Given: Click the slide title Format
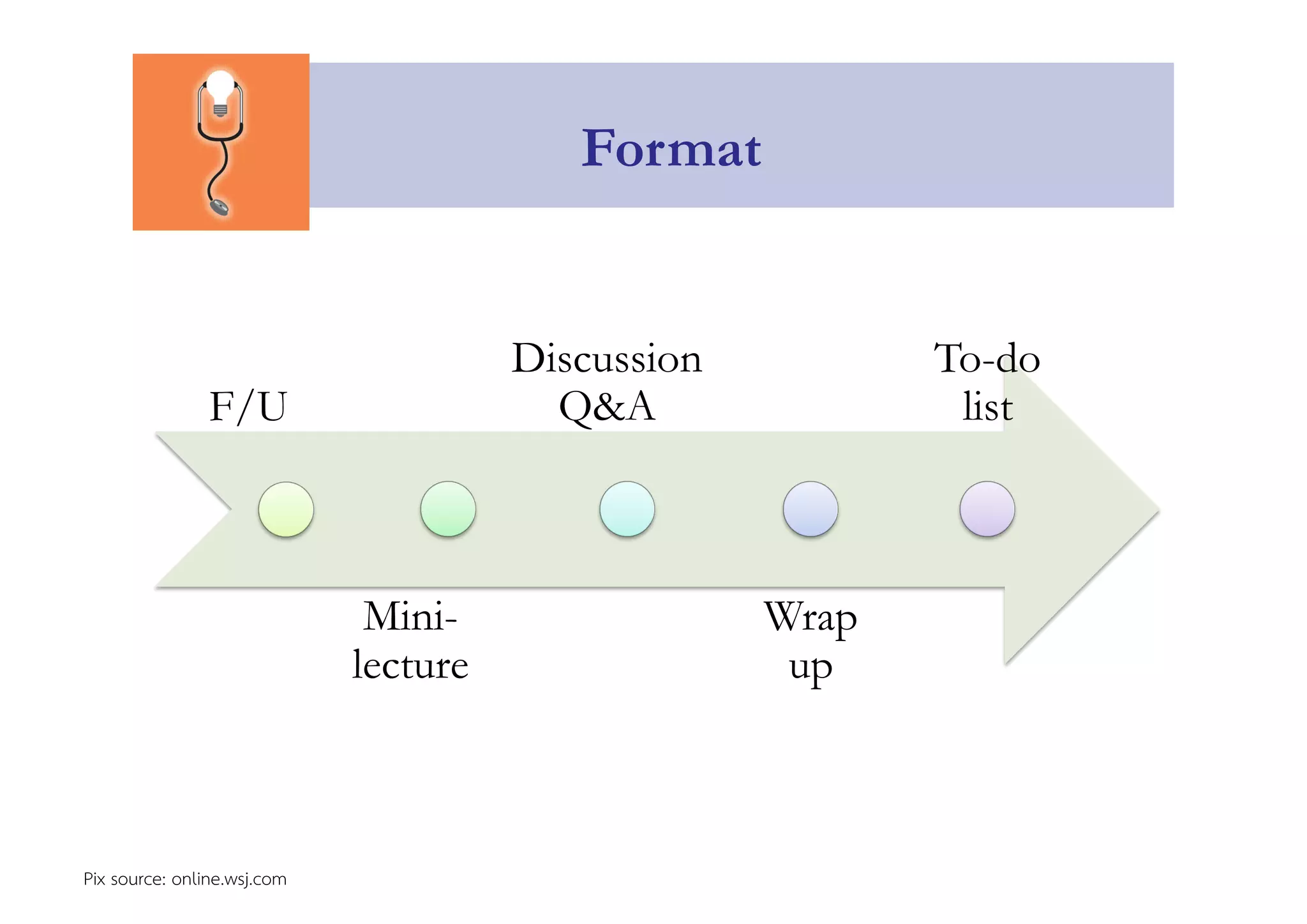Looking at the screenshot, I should point(671,149).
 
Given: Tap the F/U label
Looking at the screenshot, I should point(248,407).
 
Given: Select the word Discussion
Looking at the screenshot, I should point(606,358).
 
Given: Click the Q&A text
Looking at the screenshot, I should point(607,407).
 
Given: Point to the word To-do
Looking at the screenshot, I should point(987,358).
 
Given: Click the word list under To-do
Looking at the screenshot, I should point(987,407).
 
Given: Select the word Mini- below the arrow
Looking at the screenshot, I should point(410,617).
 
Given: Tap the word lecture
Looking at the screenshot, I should point(410,665).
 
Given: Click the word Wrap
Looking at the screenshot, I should point(810,617).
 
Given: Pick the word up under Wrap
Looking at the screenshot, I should point(810,668).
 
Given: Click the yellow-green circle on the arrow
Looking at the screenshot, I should point(286,510).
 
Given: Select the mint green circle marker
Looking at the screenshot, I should point(448,510).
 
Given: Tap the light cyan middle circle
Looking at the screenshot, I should point(627,510).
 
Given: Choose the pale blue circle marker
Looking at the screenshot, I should point(810,510).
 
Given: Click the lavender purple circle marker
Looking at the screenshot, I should point(987,510).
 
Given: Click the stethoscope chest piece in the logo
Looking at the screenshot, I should point(220,207).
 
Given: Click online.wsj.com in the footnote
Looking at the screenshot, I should point(229,879).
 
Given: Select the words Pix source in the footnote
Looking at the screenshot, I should point(124,879).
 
